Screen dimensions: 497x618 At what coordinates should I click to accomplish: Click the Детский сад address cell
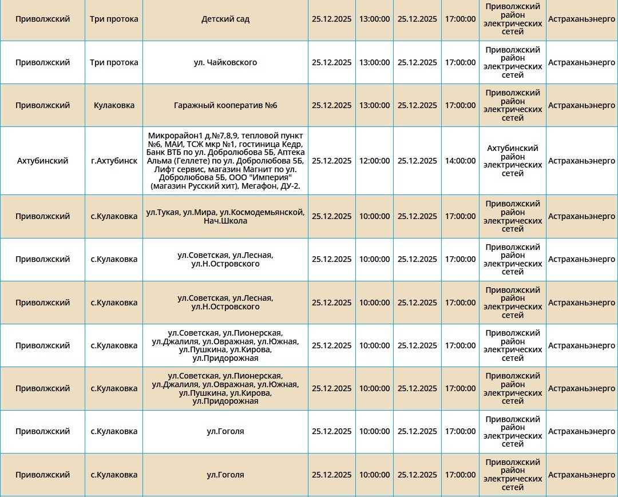click(x=225, y=19)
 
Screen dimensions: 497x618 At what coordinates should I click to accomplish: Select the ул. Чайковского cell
click(x=225, y=62)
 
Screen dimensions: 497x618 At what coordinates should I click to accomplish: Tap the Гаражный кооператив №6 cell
click(x=225, y=105)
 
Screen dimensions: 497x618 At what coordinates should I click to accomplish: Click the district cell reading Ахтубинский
click(x=42, y=161)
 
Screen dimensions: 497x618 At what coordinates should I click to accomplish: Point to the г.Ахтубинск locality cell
click(x=114, y=161)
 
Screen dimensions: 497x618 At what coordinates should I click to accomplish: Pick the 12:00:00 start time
click(x=374, y=161)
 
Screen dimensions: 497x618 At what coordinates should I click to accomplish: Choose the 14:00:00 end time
click(x=460, y=161)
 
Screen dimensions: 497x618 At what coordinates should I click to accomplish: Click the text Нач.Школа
click(x=225, y=221)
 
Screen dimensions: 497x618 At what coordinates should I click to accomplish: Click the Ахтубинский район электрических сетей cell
click(x=512, y=161)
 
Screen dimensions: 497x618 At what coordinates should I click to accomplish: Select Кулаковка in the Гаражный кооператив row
click(x=114, y=105)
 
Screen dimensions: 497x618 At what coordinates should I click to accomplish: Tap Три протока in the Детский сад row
click(x=114, y=19)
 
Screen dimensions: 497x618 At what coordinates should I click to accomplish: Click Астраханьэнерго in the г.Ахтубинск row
click(x=581, y=161)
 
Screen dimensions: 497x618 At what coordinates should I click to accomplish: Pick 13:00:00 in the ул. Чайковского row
click(x=374, y=62)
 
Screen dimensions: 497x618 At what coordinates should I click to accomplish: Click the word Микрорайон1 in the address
click(x=171, y=136)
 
